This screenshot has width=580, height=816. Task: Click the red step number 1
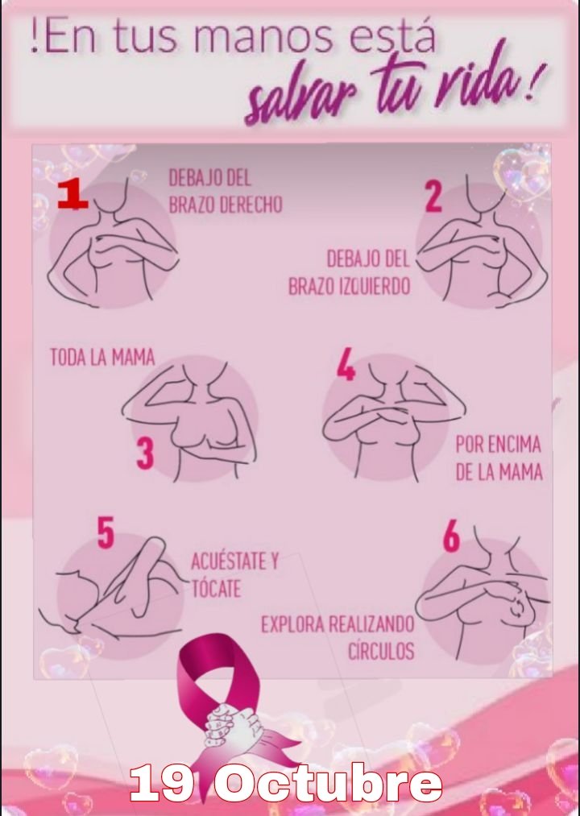72,195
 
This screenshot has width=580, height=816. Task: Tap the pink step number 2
433,197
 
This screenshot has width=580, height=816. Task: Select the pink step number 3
145,454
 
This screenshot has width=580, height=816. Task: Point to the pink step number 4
346,364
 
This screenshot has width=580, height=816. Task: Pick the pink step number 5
106,532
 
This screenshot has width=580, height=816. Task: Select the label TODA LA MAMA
102,358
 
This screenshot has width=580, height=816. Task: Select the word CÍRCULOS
381,651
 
